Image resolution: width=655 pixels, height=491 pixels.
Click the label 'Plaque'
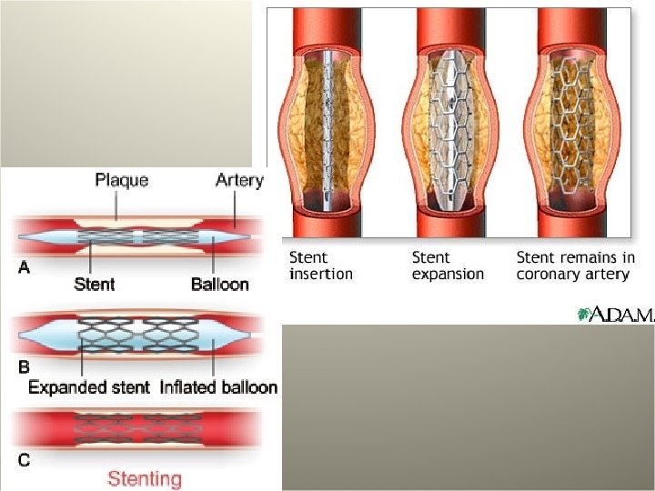(x=122, y=180)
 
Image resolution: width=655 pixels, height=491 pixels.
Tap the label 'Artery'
(x=239, y=180)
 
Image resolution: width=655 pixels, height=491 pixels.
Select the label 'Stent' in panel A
(x=94, y=284)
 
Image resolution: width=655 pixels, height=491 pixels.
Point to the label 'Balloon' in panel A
(x=219, y=284)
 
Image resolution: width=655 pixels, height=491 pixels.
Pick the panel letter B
(x=24, y=367)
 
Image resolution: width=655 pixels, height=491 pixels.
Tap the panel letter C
(x=24, y=459)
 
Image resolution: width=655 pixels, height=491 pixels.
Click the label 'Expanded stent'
(x=89, y=387)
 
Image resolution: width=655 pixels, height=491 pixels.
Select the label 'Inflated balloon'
(x=218, y=387)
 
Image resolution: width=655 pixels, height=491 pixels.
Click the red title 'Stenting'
(x=145, y=478)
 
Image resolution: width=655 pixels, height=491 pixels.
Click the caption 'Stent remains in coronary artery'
(x=575, y=265)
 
